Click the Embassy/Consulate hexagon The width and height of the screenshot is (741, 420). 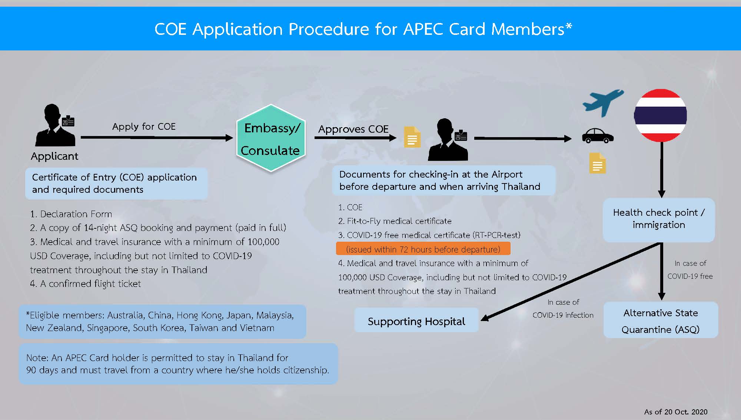271,138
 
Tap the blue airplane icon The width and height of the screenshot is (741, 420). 602,102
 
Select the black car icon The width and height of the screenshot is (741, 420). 598,136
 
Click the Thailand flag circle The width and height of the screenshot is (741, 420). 660,115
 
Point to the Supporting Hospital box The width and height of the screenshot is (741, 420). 416,321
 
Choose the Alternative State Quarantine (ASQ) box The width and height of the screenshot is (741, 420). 660,321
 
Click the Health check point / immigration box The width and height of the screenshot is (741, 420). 658,219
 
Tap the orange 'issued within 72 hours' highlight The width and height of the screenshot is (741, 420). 423,249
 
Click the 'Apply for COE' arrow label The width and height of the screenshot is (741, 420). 144,127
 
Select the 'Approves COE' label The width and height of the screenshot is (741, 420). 353,129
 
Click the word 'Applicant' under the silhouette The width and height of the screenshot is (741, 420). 54,156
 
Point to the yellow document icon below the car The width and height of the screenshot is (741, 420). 597,163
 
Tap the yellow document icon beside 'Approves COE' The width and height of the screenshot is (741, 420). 412,137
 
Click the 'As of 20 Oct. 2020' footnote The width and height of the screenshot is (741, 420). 675,412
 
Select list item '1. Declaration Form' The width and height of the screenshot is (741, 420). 71,214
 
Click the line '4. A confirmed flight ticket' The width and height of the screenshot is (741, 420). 86,284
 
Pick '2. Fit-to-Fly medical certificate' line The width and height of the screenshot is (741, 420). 395,221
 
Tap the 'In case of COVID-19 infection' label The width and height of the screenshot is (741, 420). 563,308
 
